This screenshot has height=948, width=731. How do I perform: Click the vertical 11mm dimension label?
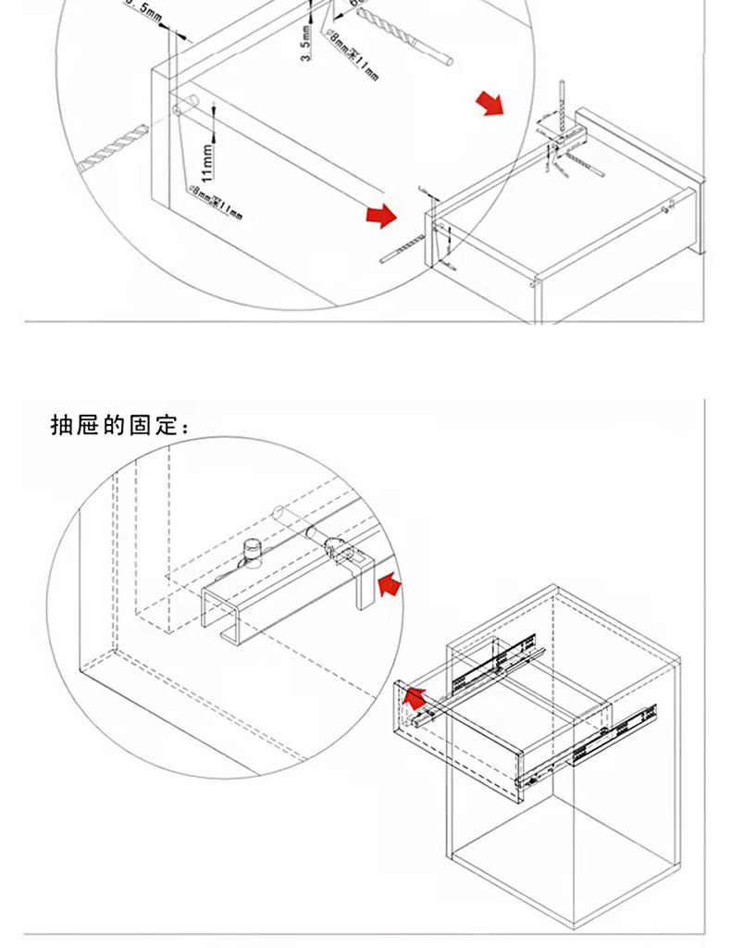(209, 161)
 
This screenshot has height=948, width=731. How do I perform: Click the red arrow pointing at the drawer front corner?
(380, 216)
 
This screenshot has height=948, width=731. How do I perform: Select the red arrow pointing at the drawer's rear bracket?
(489, 103)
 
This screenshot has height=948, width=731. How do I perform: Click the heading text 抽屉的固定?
(120, 426)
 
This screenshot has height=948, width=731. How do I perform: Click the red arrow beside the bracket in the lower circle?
(390, 585)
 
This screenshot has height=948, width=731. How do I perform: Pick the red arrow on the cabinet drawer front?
(417, 698)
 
